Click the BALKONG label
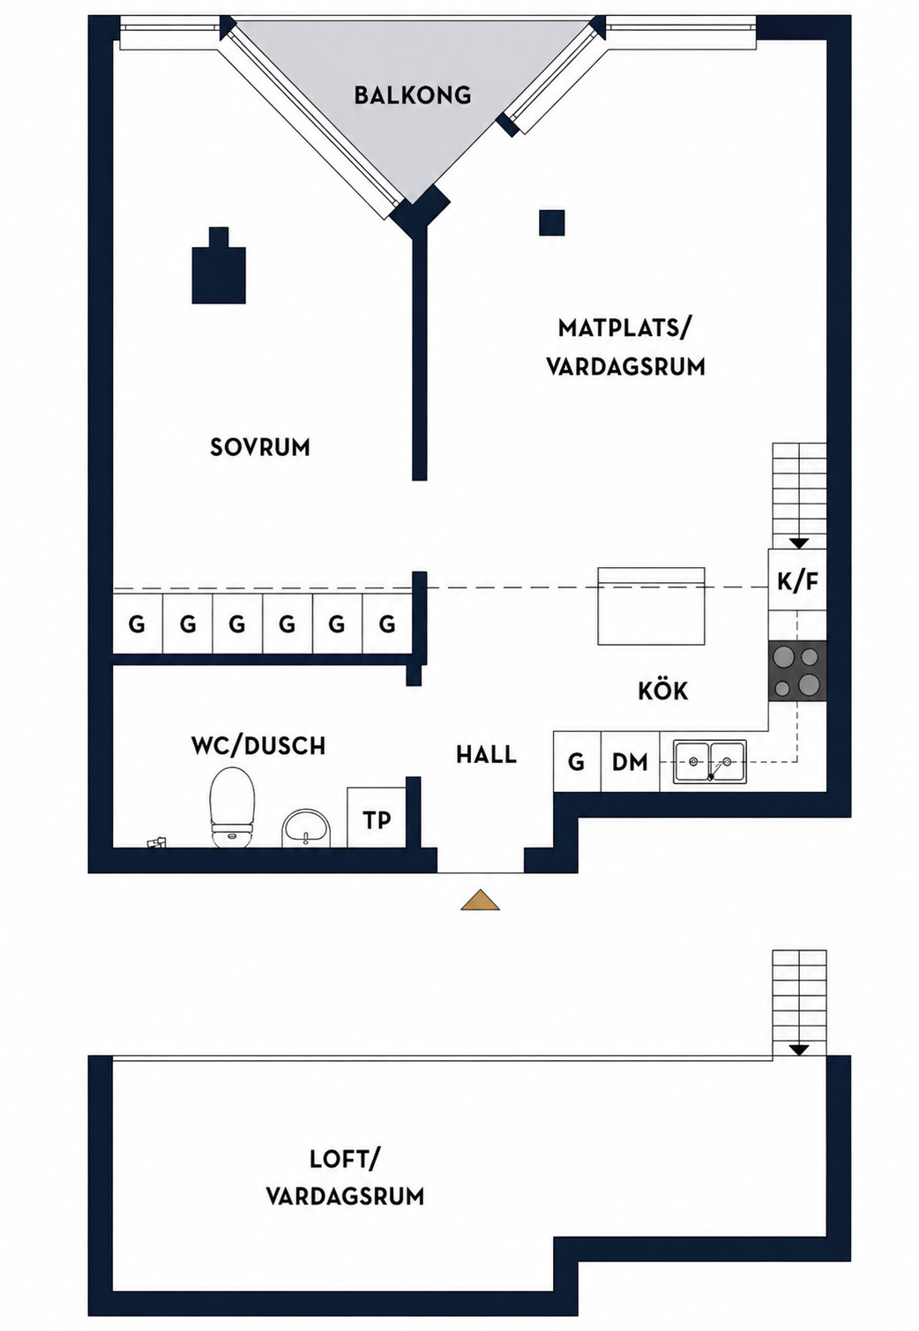[x=412, y=95]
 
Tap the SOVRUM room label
[x=260, y=447]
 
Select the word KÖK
[x=663, y=690]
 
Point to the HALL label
[x=486, y=755]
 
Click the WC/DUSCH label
[x=258, y=745]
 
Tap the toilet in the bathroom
[x=232, y=807]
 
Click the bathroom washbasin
[x=306, y=826]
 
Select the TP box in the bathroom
[x=377, y=817]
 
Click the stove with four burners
[x=797, y=671]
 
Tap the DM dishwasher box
[x=631, y=761]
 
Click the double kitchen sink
[x=709, y=760]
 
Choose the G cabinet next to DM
[x=577, y=761]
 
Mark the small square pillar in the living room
[x=552, y=223]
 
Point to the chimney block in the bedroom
[x=219, y=266]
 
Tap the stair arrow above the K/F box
[x=800, y=542]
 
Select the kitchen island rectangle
[x=651, y=605]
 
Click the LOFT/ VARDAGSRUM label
[x=345, y=1178]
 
